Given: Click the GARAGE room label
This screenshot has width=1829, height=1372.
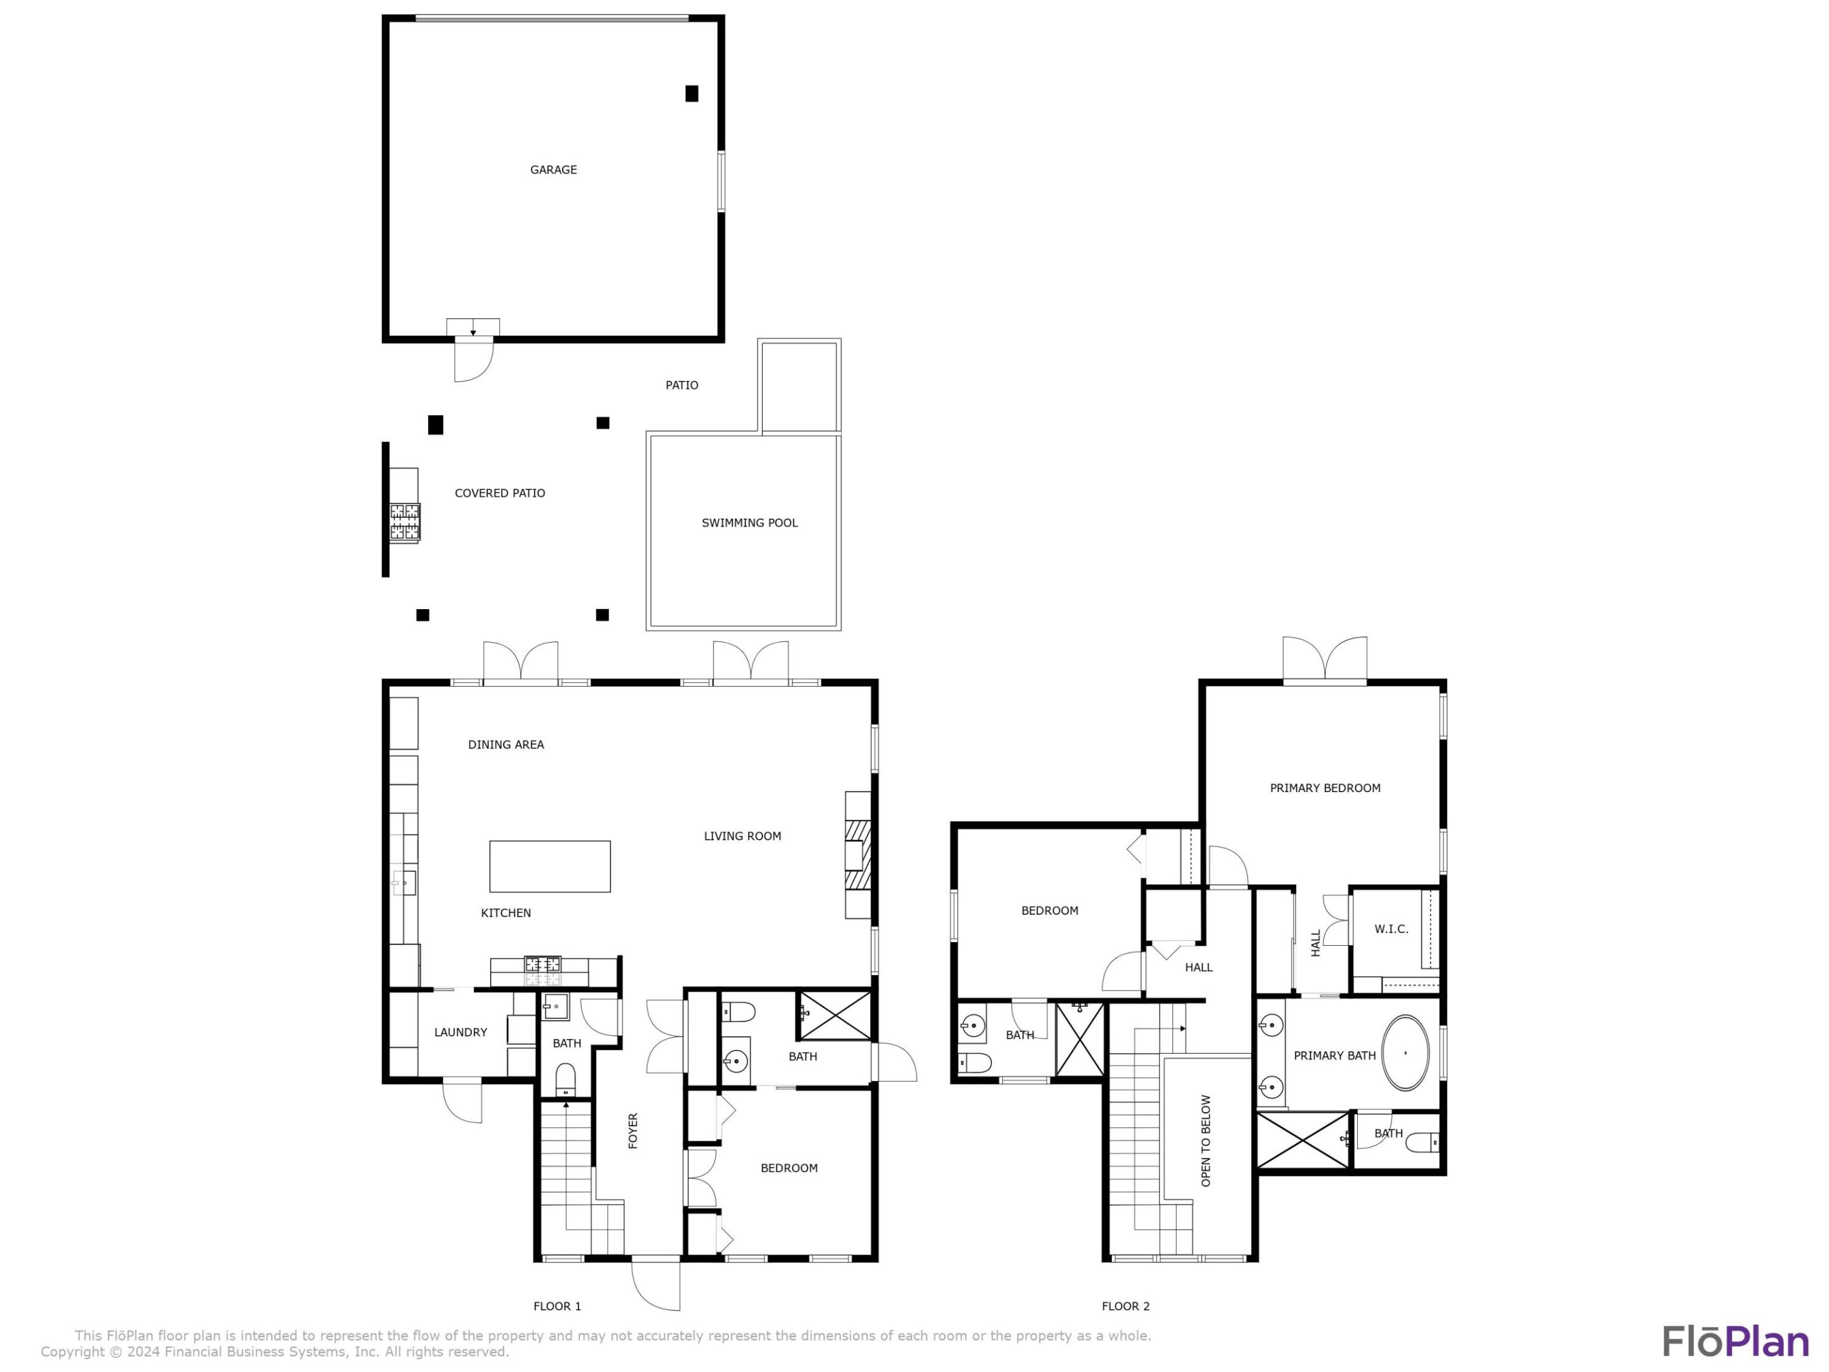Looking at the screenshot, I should tap(553, 170).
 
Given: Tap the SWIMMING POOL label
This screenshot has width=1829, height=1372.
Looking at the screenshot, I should tap(749, 523).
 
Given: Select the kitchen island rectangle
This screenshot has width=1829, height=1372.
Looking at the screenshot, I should tap(550, 866).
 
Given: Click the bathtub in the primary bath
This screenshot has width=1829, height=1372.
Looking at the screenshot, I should tap(1405, 1053).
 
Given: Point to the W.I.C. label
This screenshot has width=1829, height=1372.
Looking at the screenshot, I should tap(1391, 929).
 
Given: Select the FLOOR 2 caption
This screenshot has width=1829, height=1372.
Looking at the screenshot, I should tap(1125, 1306).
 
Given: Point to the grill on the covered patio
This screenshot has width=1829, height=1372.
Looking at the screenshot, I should tap(405, 522).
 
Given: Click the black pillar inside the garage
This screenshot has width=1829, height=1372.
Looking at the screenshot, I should tap(691, 93).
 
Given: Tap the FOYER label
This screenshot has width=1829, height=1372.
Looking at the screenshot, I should tap(633, 1131).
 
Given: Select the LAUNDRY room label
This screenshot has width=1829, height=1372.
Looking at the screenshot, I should tap(460, 1032).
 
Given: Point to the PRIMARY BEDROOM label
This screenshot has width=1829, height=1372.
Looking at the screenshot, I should tap(1325, 788).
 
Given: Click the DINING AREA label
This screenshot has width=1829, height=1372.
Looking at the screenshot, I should tap(506, 744).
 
